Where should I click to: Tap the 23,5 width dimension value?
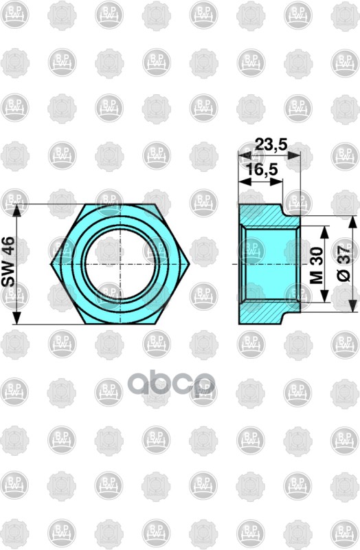pyautogui.click(x=269, y=145)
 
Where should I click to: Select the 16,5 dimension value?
pyautogui.click(x=257, y=168)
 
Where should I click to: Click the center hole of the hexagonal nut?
pyautogui.click(x=120, y=263)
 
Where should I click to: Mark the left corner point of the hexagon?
pyautogui.click(x=50, y=263)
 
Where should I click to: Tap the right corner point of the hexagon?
pyautogui.click(x=190, y=263)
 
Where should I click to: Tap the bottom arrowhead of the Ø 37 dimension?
pyautogui.click(x=354, y=307)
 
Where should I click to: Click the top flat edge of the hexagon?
pyautogui.click(x=120, y=204)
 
